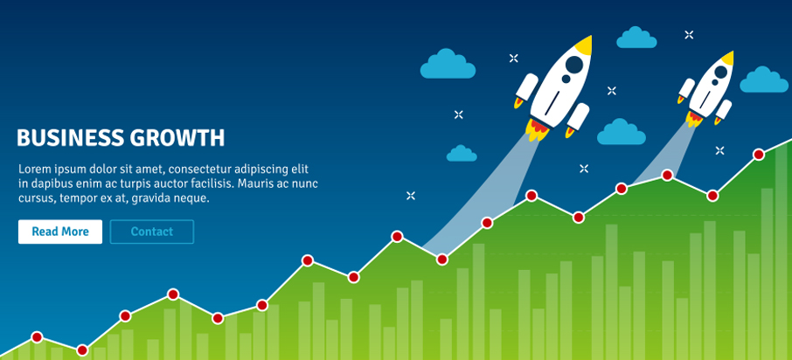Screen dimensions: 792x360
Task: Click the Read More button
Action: [60, 232]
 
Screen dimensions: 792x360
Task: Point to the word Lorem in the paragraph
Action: [33, 169]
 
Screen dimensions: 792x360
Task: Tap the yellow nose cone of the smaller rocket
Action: [728, 58]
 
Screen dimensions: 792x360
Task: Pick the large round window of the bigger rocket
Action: [574, 64]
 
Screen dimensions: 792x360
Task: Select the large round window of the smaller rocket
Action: [721, 73]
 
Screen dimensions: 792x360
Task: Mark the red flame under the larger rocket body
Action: [537, 128]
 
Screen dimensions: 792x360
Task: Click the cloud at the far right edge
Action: [764, 80]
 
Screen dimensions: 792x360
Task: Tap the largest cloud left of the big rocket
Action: [448, 64]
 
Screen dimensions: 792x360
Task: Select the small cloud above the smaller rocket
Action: [636, 38]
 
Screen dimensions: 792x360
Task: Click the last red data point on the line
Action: [758, 155]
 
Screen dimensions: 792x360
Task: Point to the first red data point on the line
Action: [37, 337]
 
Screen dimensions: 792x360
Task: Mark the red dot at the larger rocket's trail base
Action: [442, 260]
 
